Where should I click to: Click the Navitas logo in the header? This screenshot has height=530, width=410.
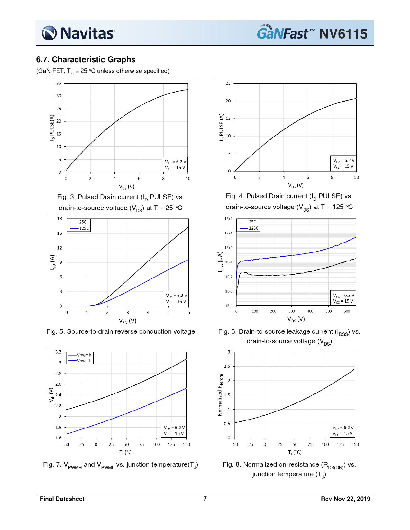78,33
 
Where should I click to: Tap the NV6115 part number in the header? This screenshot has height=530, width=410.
343,34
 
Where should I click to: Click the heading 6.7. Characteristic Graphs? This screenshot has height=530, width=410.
86,60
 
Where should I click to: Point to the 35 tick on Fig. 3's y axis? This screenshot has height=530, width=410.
59,83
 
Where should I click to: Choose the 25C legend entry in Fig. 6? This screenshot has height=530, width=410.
252,222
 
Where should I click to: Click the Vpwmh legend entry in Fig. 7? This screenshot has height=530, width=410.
84,355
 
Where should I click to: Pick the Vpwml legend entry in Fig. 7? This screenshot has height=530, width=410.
83,361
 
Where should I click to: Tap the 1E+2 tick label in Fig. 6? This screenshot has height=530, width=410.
228,219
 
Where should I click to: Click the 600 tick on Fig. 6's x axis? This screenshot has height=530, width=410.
347,311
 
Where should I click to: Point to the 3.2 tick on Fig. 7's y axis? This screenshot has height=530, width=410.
58,352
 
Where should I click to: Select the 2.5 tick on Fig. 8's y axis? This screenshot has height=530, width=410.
227,366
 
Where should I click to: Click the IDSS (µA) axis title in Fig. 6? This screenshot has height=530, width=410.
220,262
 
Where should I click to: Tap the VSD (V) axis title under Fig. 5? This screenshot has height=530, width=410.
128,321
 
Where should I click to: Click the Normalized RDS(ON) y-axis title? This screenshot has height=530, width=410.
220,395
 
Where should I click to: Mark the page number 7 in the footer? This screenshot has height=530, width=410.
205,499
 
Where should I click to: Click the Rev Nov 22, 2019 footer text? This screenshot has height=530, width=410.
345,499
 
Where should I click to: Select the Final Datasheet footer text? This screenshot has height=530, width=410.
62,499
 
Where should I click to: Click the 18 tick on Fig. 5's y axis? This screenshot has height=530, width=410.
59,219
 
